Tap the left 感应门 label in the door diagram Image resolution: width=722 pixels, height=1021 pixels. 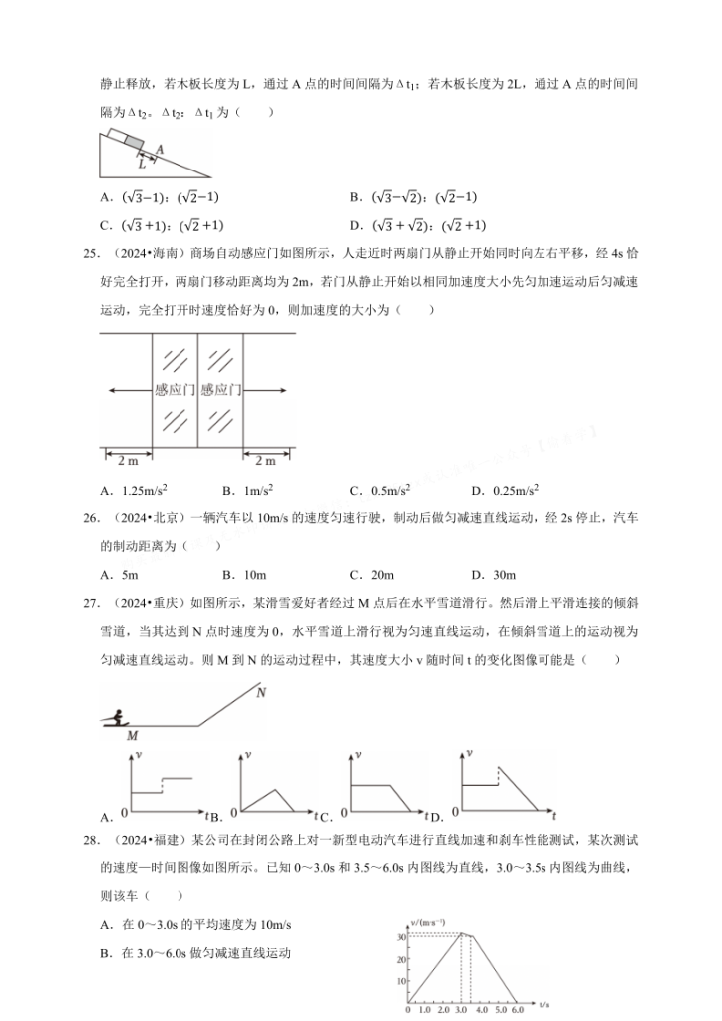[175, 389]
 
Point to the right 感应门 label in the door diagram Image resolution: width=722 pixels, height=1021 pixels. [220, 389]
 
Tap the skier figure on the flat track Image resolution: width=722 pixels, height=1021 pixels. [121, 715]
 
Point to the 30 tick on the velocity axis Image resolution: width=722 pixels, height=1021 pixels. [400, 935]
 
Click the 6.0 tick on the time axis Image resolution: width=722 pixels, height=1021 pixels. [518, 1009]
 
